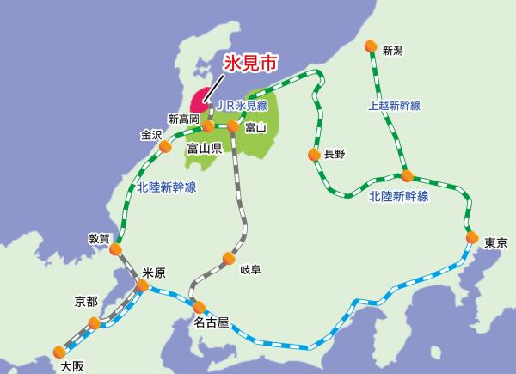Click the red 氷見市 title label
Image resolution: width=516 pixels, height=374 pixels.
click(x=252, y=64)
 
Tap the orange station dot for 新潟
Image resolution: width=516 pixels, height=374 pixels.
click(x=371, y=46)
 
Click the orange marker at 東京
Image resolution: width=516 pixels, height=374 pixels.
click(x=471, y=237)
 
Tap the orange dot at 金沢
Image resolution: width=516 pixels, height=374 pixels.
click(x=165, y=147)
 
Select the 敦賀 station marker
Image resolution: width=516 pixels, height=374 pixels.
click(x=116, y=249)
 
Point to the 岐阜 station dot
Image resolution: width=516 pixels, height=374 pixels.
click(x=229, y=257)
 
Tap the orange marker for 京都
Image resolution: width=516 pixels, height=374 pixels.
click(x=94, y=322)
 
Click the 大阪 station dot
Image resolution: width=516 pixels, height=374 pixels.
click(x=59, y=351)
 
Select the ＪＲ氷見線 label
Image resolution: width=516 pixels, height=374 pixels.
click(x=242, y=105)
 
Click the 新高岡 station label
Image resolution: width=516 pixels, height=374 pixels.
click(x=183, y=119)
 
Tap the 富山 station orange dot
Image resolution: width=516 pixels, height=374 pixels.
click(x=232, y=126)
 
